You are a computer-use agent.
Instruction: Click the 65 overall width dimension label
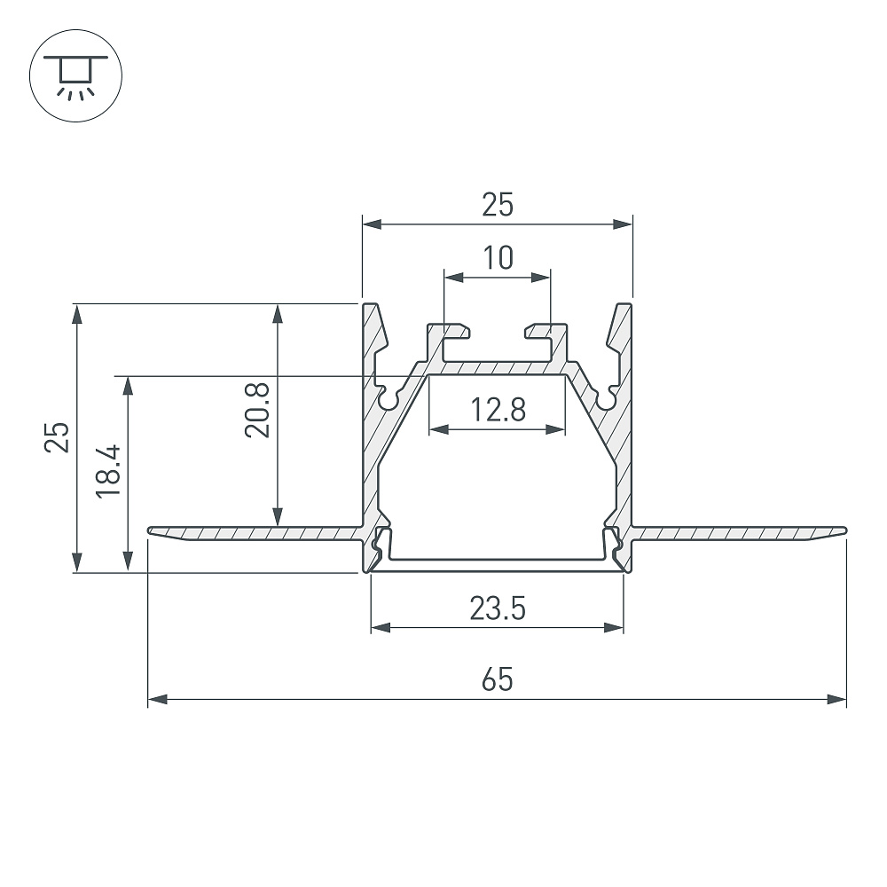(x=498, y=679)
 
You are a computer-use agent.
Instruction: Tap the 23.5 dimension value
(x=498, y=608)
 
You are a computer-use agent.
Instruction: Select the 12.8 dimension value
(x=498, y=410)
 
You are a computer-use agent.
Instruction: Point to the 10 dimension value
(x=498, y=257)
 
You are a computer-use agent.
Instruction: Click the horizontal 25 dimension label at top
(x=498, y=205)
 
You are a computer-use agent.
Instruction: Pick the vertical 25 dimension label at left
(x=57, y=437)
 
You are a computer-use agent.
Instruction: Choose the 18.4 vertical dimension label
(x=108, y=471)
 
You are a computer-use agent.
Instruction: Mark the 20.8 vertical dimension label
(x=257, y=410)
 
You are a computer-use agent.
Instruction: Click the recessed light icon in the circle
(x=75, y=76)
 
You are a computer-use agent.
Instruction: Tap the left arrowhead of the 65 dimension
(x=157, y=699)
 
